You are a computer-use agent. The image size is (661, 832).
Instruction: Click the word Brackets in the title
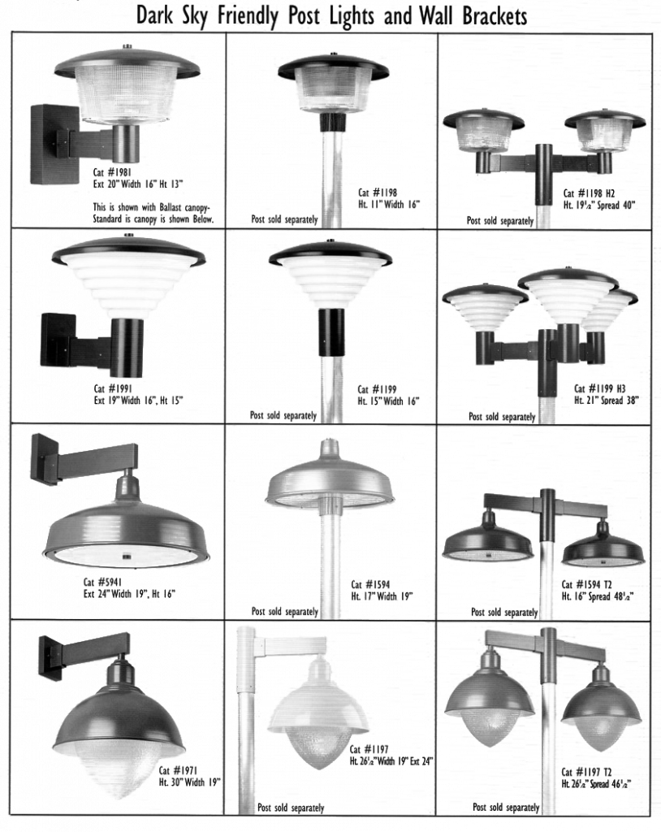489,15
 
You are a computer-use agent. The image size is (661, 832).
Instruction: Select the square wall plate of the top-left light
54,144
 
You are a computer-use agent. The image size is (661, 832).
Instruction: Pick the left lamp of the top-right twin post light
483,132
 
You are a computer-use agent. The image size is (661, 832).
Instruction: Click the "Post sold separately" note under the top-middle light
280,220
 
